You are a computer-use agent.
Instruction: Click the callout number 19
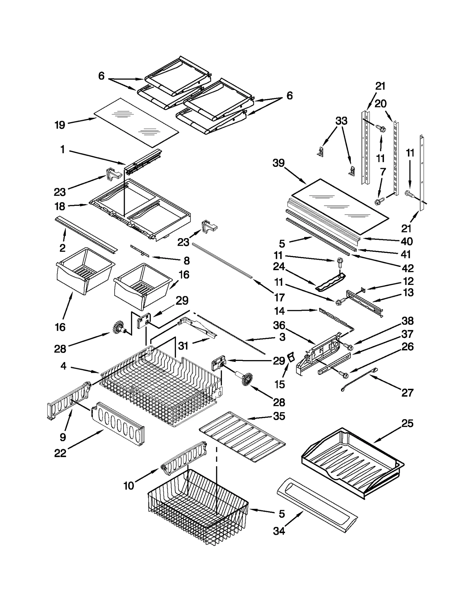[x=60, y=125]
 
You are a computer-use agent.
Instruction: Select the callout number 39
[x=278, y=163]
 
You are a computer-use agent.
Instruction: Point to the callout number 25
[x=407, y=423]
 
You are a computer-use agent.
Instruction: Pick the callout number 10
[x=129, y=486]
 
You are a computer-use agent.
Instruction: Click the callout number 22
[x=60, y=453]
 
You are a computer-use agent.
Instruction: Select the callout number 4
[x=63, y=366]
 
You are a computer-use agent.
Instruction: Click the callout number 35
[x=279, y=416]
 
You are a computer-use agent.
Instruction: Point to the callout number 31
[x=183, y=345]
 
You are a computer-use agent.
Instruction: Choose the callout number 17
[x=279, y=297]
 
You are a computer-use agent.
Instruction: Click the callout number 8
[x=186, y=261]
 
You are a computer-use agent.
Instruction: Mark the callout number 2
[x=62, y=248]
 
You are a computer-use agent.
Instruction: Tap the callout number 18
[x=60, y=206]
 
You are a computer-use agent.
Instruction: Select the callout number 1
[x=63, y=150]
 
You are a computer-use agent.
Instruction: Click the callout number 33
[x=341, y=121]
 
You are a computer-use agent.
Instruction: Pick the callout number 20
[x=380, y=104]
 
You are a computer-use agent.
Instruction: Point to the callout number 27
[x=407, y=393]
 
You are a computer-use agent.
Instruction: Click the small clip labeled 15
[x=291, y=356]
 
